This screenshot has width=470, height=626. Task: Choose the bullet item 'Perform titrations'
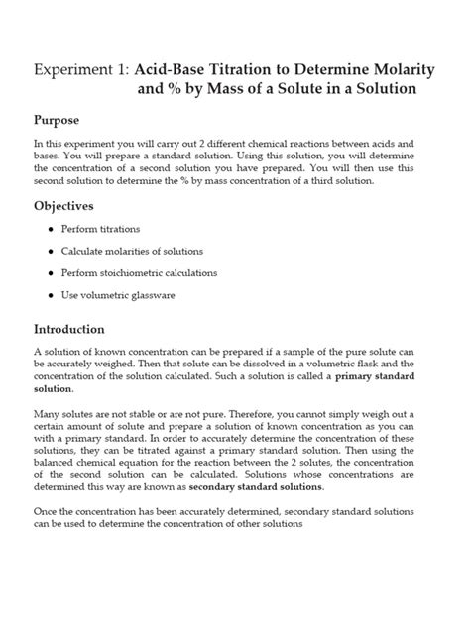tap(105, 229)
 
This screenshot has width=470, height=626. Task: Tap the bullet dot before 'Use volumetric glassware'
tap(52, 295)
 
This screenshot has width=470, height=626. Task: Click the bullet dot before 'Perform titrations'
tap(52, 230)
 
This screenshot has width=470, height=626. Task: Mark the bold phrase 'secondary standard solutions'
tap(266, 488)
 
